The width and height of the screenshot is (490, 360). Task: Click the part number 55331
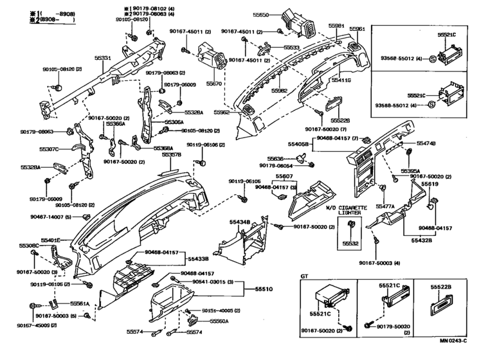104,59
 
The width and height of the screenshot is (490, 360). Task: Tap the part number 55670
214,84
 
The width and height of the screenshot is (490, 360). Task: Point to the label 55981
336,25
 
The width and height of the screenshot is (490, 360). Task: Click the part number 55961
357,29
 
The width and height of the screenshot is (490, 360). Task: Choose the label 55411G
341,80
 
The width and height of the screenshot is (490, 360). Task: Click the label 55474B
426,143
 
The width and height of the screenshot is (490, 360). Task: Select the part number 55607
284,176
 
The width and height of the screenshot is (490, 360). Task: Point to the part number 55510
265,289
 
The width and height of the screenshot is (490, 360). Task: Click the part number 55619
430,183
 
